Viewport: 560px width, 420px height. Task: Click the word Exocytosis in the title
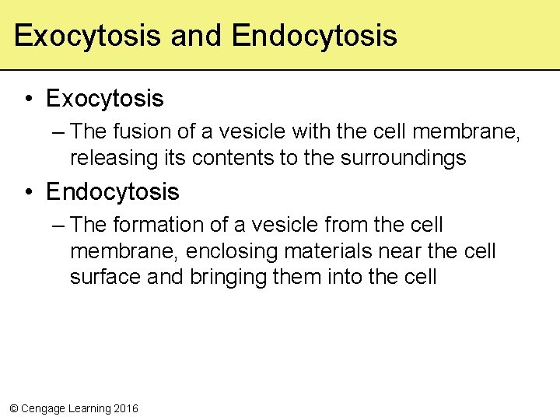click(87, 36)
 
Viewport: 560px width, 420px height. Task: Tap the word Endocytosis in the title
click(314, 36)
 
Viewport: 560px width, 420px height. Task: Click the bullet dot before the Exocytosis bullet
click(28, 100)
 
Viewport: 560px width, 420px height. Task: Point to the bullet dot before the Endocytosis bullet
click(28, 192)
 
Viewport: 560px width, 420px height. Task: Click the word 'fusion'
click(148, 132)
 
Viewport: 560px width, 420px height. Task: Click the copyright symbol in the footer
click(12, 408)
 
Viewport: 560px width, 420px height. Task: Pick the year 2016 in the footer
click(125, 408)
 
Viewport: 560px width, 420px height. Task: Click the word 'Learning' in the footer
click(88, 408)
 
